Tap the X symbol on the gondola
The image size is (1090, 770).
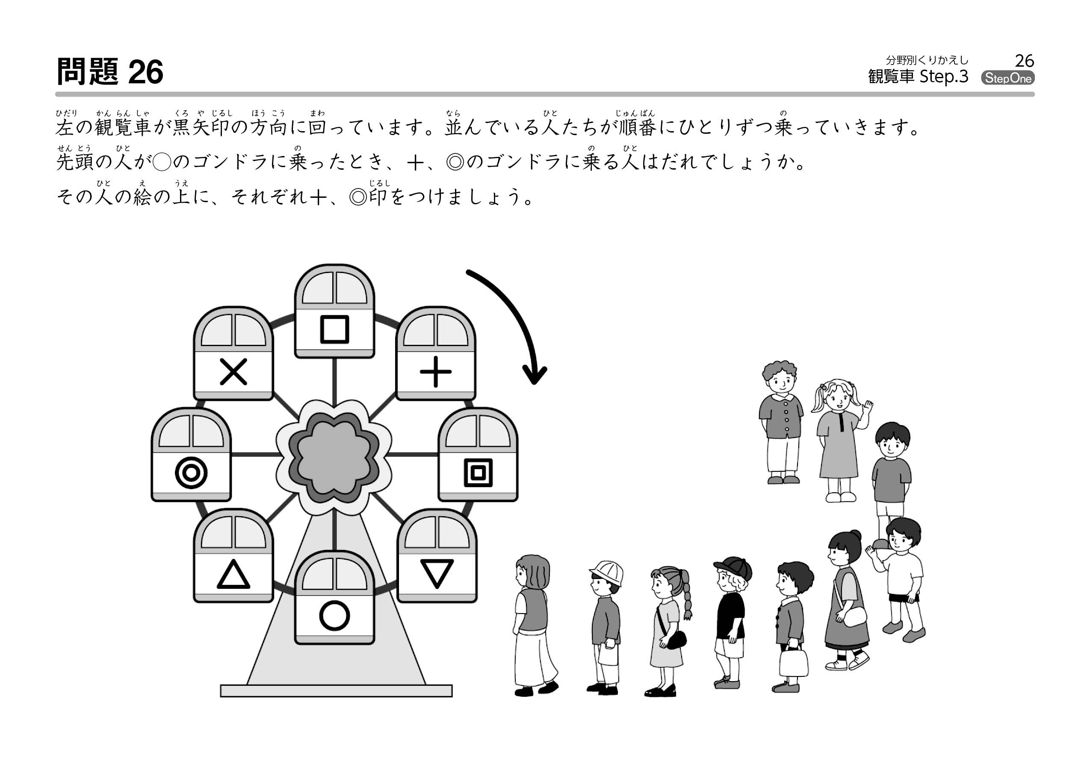tap(233, 371)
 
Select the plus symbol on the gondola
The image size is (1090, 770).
tap(436, 371)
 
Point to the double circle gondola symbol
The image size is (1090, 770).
tap(191, 473)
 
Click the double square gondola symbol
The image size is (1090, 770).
tap(478, 473)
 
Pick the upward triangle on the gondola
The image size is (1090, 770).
tap(233, 575)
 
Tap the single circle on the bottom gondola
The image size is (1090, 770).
tap(335, 616)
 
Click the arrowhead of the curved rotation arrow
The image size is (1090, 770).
tap(535, 375)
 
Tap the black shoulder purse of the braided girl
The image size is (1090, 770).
tap(676, 640)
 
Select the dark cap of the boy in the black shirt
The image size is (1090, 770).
tap(734, 567)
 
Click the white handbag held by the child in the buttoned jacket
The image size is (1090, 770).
tap(793, 662)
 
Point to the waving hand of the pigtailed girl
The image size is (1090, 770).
tap(868, 407)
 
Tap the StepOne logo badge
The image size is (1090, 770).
tap(1007, 78)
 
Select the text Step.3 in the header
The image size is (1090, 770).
tap(943, 77)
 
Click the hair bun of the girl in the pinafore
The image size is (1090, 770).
tap(856, 535)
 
